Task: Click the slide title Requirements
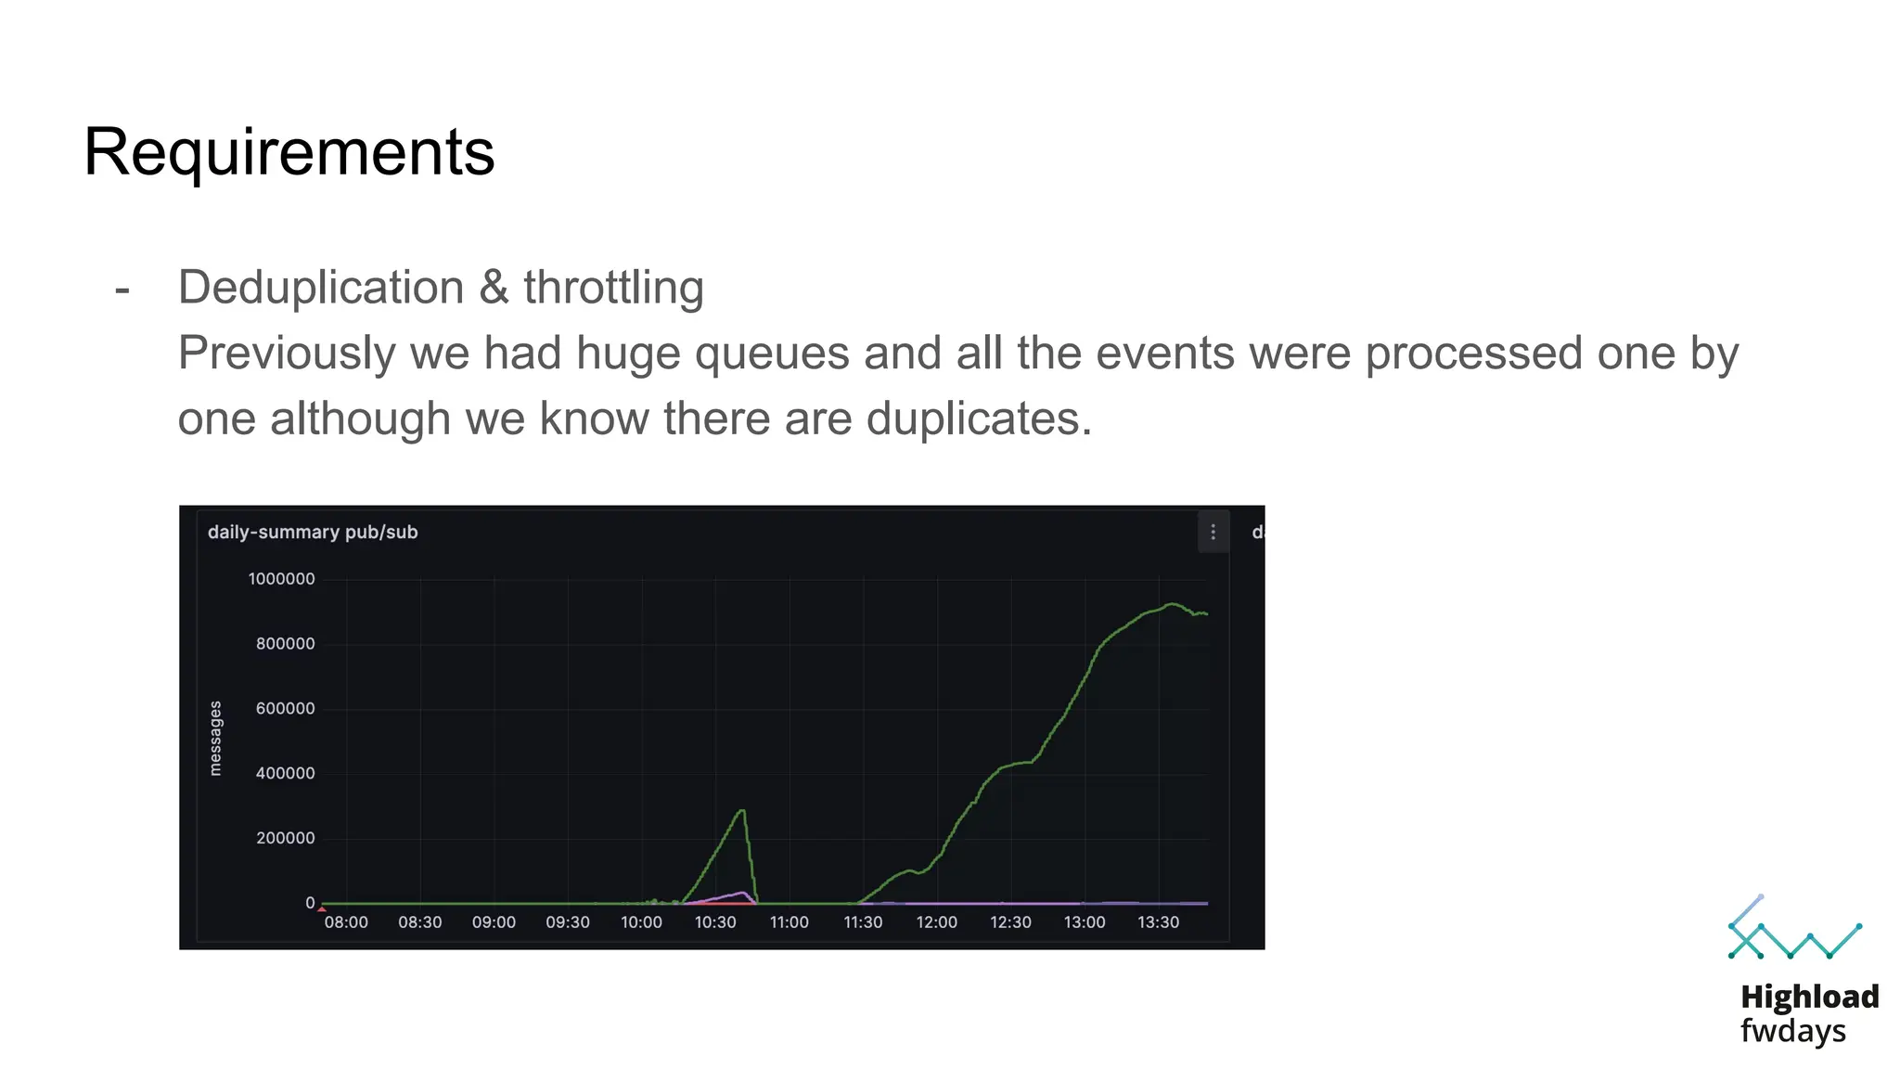point(289,151)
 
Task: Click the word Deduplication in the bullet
point(320,287)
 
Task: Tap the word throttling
point(613,287)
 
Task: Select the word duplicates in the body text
point(979,419)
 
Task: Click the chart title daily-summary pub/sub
point(313,532)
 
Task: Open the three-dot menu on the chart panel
point(1213,532)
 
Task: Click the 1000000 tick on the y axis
point(281,579)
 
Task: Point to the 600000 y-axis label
point(285,709)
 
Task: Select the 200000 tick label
point(285,838)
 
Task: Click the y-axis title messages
point(215,738)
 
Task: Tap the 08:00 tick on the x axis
point(346,922)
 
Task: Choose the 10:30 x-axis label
point(715,922)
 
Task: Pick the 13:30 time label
point(1158,922)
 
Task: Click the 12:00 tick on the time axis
point(936,922)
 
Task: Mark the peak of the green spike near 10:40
point(741,811)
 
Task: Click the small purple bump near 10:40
point(742,894)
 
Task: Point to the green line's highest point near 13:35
point(1173,604)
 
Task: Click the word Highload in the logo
point(1809,997)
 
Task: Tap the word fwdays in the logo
point(1792,1031)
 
